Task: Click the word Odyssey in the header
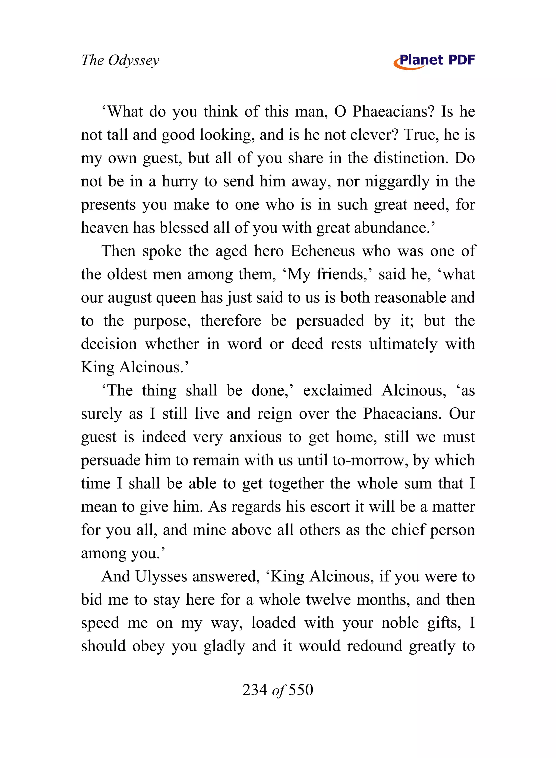[x=134, y=61]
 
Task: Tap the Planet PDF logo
[x=434, y=61]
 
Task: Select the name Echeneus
[x=323, y=251]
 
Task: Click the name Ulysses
[x=161, y=577]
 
